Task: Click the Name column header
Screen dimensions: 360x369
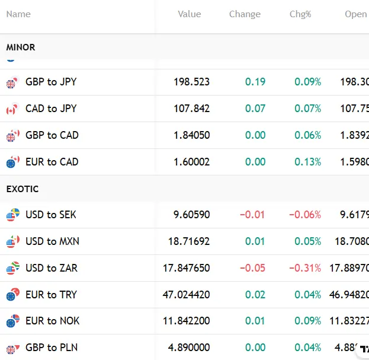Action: pos(18,14)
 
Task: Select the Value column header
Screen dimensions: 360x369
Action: pos(189,14)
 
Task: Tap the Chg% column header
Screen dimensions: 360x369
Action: pos(300,14)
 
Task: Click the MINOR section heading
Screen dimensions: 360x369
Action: pos(21,47)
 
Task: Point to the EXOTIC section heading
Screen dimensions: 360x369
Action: pos(23,189)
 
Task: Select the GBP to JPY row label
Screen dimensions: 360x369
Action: pos(51,82)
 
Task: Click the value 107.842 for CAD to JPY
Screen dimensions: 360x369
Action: pos(191,109)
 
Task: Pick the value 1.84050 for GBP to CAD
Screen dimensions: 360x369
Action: pos(191,135)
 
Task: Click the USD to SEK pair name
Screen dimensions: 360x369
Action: pos(51,215)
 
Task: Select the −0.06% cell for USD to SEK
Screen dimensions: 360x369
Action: pos(305,215)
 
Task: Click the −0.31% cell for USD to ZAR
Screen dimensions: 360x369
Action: pos(305,268)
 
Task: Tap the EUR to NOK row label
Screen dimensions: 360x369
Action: pos(52,321)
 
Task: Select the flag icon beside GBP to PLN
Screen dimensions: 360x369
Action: pos(12,348)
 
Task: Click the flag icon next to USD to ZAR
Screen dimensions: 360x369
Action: pos(12,268)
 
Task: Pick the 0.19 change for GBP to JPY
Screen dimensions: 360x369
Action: pos(255,82)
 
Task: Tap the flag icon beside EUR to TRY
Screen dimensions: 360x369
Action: pos(12,295)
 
